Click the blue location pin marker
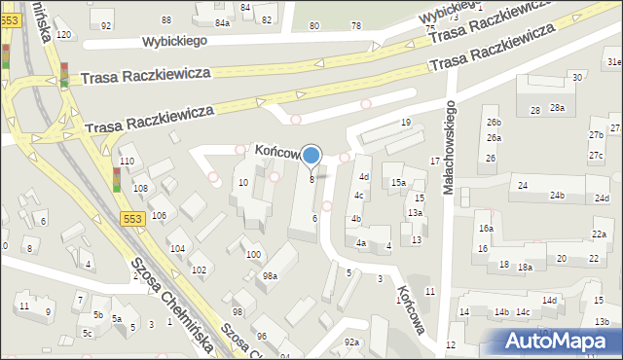click(x=311, y=156)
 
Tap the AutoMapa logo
click(x=562, y=341)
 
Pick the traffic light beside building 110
click(x=116, y=180)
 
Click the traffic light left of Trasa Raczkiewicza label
click(x=64, y=75)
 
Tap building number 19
click(x=406, y=123)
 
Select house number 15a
click(x=398, y=183)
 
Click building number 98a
click(x=270, y=276)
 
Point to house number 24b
click(x=556, y=196)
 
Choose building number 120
click(x=63, y=35)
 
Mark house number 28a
click(x=556, y=109)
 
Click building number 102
click(x=198, y=270)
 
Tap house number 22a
click(x=600, y=234)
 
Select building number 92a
click(x=351, y=342)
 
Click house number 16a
click(x=485, y=228)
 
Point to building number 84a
click(x=223, y=21)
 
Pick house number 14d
click(x=550, y=301)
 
